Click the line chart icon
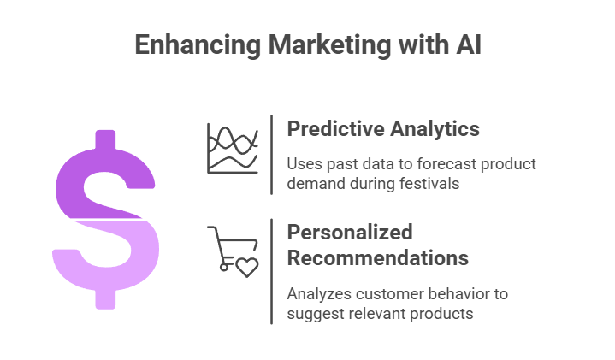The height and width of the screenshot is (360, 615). click(232, 148)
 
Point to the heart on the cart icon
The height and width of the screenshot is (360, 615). click(246, 267)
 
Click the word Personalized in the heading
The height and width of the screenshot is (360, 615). click(350, 233)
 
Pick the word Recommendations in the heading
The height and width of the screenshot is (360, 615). click(377, 257)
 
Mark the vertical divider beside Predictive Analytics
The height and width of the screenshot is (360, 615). click(272, 154)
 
